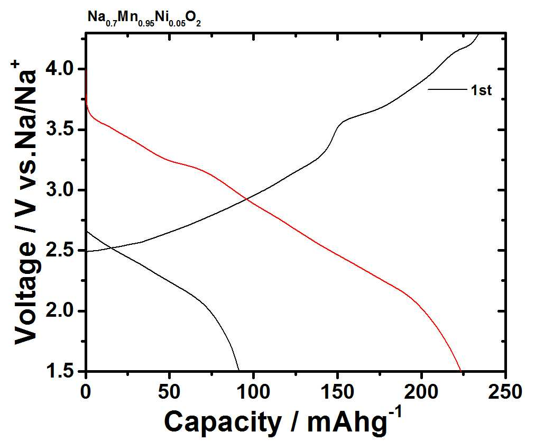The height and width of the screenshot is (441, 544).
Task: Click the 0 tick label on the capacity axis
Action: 86,392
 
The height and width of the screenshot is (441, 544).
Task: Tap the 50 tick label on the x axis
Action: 170,392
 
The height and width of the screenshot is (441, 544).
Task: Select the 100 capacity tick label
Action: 254,392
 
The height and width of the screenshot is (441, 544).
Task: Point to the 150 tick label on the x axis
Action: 337,392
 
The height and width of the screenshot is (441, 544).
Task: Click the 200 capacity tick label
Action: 421,392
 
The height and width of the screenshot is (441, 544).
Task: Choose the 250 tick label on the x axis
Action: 504,392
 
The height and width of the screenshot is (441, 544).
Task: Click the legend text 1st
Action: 481,90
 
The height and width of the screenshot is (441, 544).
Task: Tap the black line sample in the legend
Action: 447,89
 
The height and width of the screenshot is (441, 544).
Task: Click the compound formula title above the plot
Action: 144,19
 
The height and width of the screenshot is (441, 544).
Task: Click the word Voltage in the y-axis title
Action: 25,292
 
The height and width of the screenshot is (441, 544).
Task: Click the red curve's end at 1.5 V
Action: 461,371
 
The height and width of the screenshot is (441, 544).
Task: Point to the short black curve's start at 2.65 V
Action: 86,231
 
